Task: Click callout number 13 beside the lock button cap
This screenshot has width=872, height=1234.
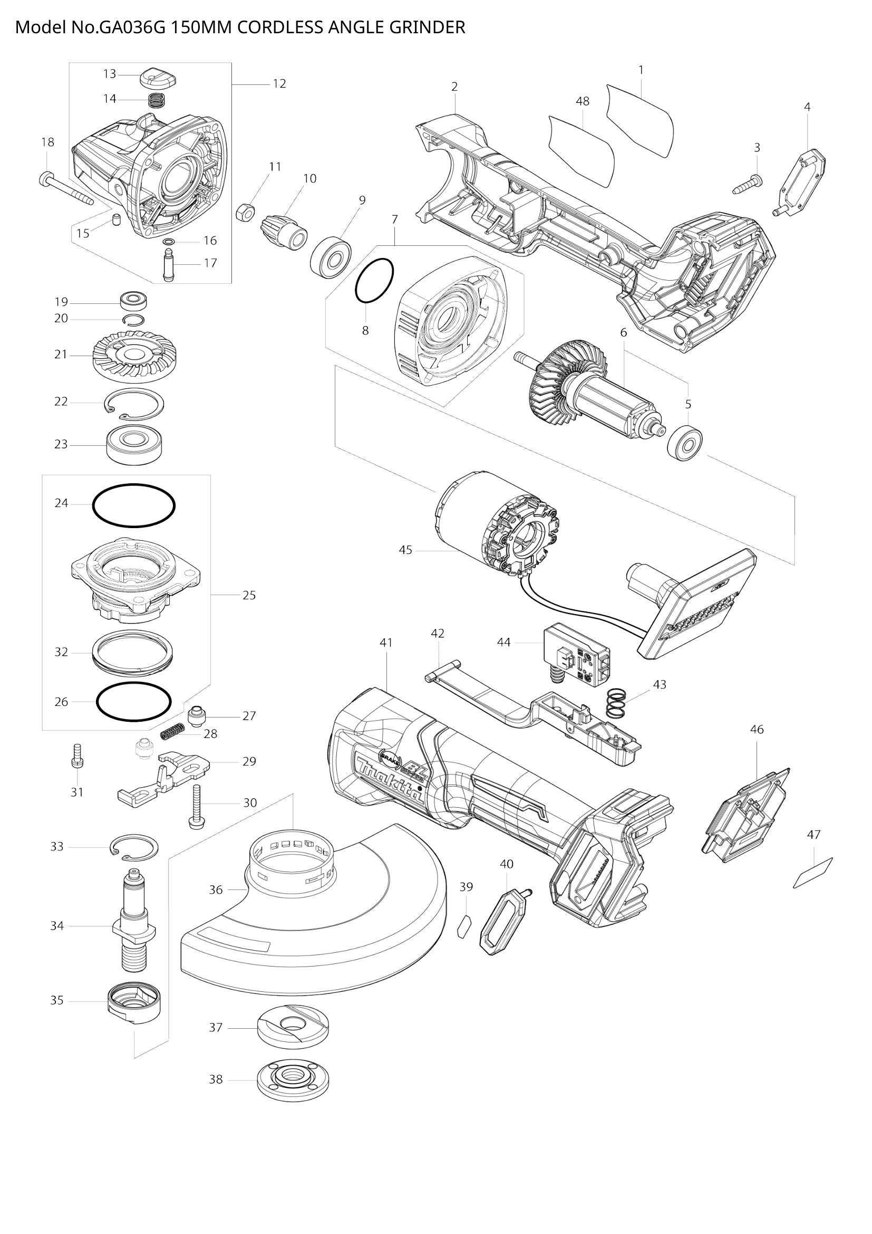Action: click(110, 74)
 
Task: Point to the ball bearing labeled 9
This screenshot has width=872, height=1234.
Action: click(331, 257)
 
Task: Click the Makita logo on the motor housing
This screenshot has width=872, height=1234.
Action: click(387, 781)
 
